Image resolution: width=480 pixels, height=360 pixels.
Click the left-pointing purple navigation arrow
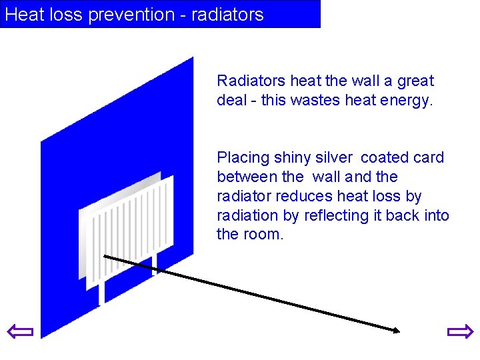19,331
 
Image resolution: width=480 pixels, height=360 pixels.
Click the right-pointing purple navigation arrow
459,331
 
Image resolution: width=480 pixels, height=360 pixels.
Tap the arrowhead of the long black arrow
395,329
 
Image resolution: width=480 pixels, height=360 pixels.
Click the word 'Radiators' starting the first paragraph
251,81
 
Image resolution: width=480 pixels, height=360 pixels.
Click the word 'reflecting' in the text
336,215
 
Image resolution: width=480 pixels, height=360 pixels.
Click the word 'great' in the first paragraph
415,81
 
